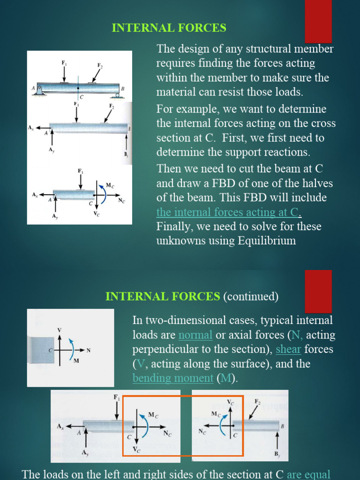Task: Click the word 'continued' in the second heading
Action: pos(251,297)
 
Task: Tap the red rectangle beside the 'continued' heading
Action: pos(318,291)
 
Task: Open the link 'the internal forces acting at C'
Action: pos(227,212)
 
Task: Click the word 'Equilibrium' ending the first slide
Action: pos(269,241)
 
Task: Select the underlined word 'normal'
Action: pos(195,335)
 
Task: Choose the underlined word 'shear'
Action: pos(288,350)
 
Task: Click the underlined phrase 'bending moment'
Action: pos(172,378)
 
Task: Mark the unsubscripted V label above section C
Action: pos(60,330)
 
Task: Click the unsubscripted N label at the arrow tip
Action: pos(88,350)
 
